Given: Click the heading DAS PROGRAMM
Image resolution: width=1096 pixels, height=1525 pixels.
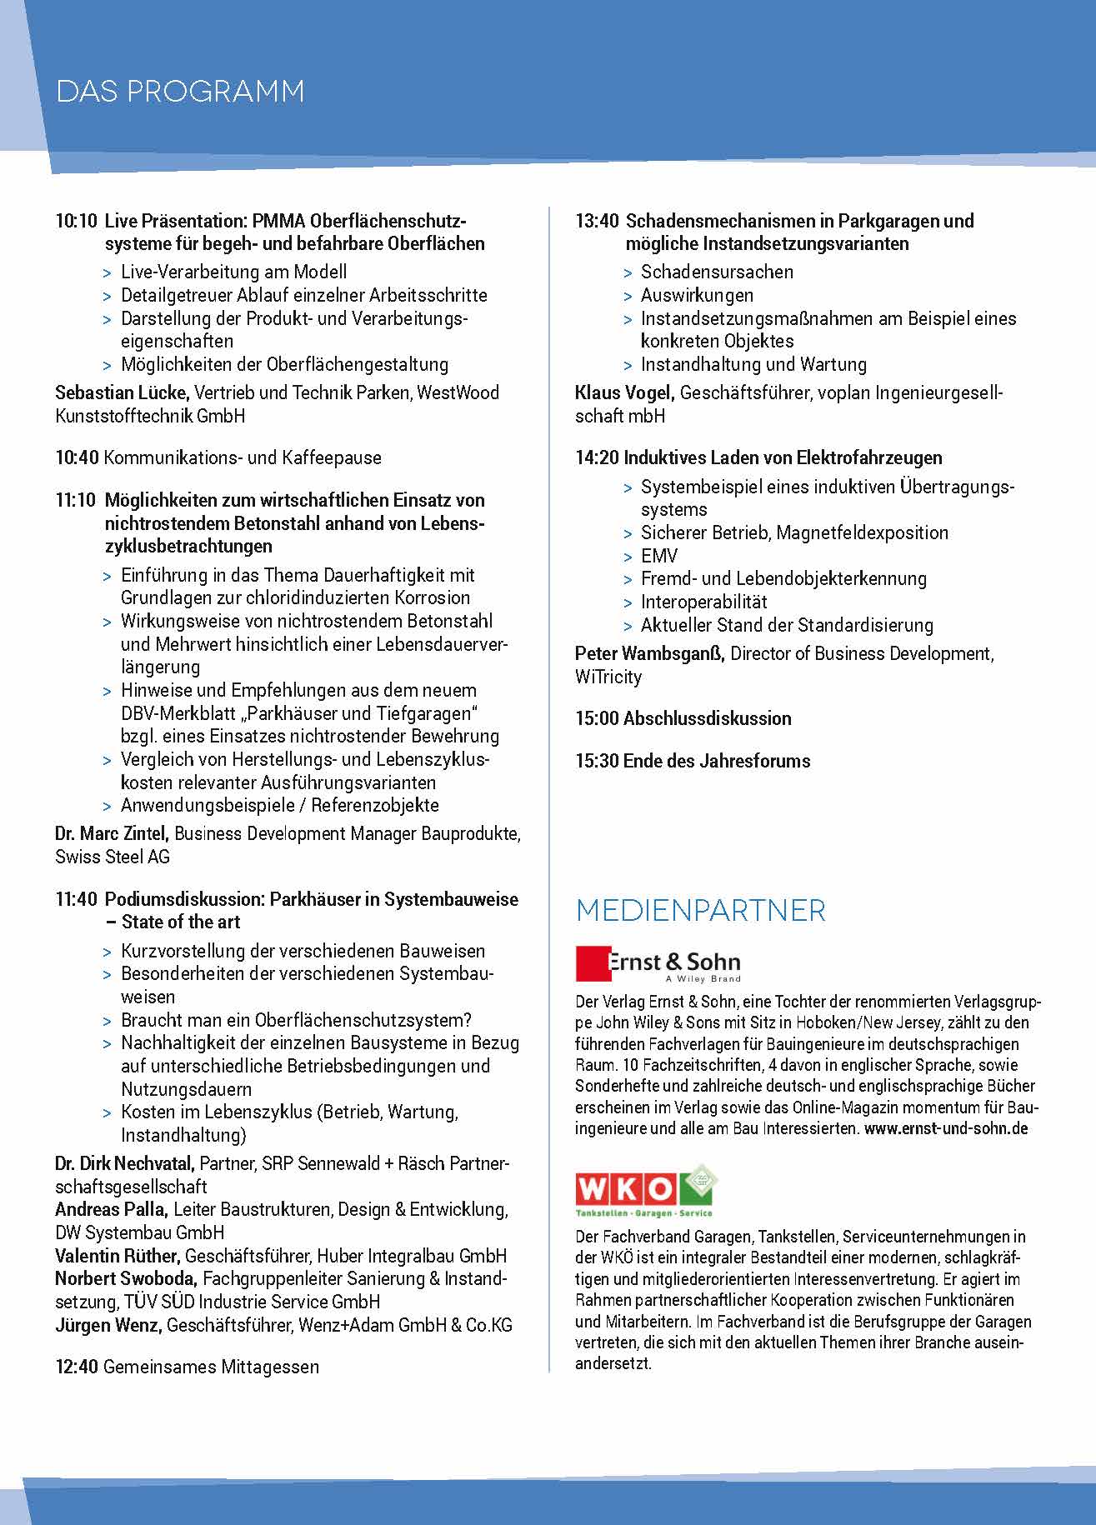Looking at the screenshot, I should pyautogui.click(x=180, y=91).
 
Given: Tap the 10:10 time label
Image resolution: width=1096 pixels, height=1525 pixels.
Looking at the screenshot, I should pyautogui.click(x=76, y=222).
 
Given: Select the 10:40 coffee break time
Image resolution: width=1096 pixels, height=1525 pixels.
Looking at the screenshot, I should pyautogui.click(x=77, y=458).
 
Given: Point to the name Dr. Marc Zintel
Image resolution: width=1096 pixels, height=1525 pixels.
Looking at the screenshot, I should pyautogui.click(x=112, y=833).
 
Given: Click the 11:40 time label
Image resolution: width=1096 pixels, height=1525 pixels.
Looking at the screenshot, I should pyautogui.click(x=76, y=900).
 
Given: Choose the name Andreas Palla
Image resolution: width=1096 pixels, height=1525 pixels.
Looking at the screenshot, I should pyautogui.click(x=111, y=1210).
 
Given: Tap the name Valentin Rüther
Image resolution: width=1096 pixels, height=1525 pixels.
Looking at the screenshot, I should pyautogui.click(x=117, y=1256).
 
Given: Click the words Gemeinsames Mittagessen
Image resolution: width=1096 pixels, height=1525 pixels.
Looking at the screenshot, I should pyautogui.click(x=211, y=1367).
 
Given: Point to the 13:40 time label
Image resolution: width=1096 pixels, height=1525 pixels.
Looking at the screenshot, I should pyautogui.click(x=597, y=222).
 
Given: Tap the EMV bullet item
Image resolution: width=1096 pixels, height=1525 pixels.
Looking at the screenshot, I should pyautogui.click(x=658, y=556).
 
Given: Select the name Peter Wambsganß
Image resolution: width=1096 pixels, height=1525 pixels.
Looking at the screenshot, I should pyautogui.click(x=649, y=654).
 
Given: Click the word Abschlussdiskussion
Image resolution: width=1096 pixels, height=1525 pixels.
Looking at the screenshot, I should pyautogui.click(x=707, y=719).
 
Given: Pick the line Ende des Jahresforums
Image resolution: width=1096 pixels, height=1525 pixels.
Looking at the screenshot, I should pyautogui.click(x=716, y=761).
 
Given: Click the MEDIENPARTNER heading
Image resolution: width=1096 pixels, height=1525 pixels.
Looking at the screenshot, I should pyautogui.click(x=700, y=911).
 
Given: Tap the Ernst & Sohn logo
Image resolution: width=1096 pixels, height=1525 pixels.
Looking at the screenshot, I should pyautogui.click(x=658, y=965).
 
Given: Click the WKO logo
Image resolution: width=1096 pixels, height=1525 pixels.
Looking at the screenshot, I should pyautogui.click(x=646, y=1190).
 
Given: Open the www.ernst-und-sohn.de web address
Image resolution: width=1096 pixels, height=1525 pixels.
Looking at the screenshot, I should pyautogui.click(x=945, y=1129).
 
